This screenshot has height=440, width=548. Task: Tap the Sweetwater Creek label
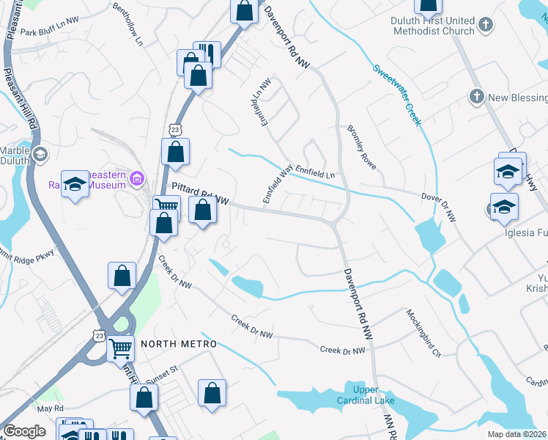[396, 95]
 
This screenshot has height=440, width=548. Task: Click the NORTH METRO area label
[170, 344]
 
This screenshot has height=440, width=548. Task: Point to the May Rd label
[51, 408]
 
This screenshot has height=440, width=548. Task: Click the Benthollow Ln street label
[127, 23]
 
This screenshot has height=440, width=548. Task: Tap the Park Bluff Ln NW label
[49, 32]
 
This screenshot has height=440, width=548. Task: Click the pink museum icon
[136, 177]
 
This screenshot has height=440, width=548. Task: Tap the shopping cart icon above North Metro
[120, 347]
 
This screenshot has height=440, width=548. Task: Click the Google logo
[24, 431]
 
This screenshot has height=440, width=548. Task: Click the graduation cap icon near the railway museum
[75, 183]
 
